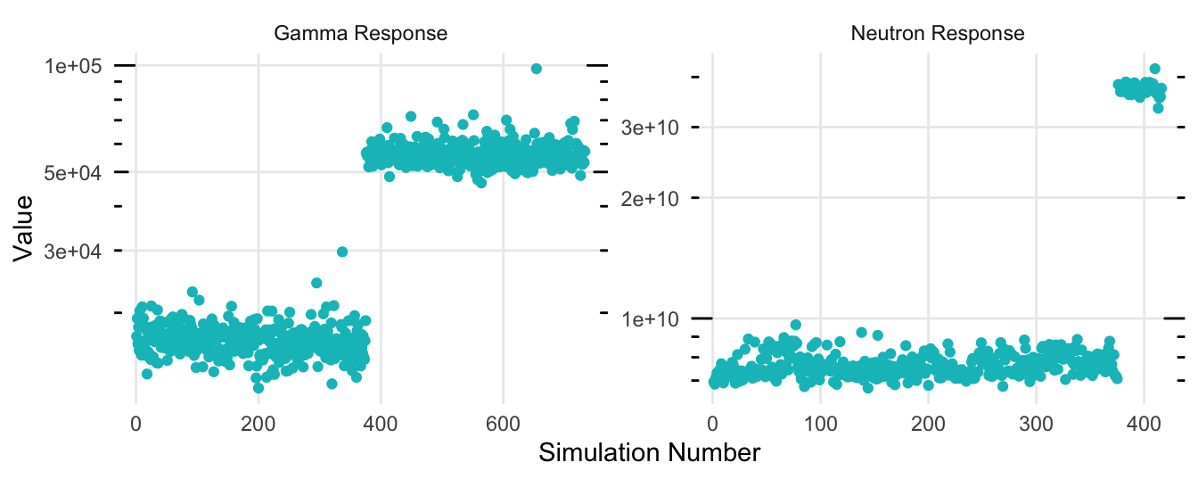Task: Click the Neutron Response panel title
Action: [938, 34]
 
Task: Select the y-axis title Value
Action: [25, 227]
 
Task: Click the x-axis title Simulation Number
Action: [649, 452]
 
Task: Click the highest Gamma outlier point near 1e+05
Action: [536, 69]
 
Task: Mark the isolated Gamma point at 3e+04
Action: [341, 252]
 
